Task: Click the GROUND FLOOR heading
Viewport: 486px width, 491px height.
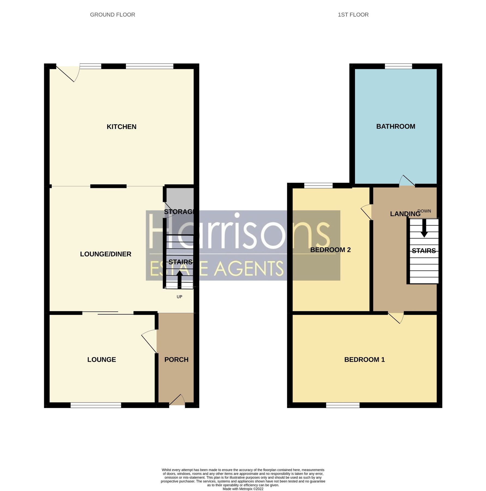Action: click(113, 15)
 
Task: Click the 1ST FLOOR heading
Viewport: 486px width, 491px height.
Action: click(353, 15)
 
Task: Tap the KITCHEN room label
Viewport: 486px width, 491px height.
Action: click(121, 127)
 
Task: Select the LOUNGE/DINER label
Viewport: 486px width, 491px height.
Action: click(106, 254)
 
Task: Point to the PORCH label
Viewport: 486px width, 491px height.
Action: click(176, 360)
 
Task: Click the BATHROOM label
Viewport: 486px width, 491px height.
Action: click(396, 127)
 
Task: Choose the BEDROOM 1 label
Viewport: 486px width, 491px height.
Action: click(364, 360)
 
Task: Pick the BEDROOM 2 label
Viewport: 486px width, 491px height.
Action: click(330, 250)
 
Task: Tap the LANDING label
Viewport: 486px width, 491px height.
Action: click(405, 214)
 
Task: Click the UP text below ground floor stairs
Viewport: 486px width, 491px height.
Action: click(179, 297)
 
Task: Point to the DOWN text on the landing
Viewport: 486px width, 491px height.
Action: click(424, 211)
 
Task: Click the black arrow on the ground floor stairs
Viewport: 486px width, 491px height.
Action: click(180, 279)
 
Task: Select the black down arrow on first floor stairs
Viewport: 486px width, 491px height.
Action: click(424, 229)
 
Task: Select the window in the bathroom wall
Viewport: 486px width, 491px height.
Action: click(398, 66)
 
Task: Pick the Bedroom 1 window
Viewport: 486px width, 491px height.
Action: click(343, 405)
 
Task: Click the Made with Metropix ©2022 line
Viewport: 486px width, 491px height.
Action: click(243, 489)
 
